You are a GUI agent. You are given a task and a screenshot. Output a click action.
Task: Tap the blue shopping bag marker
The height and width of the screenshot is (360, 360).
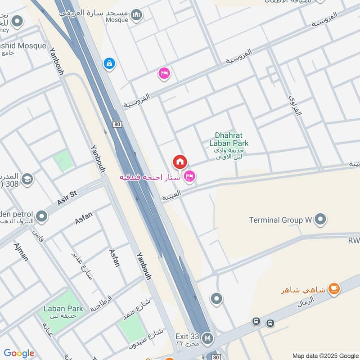pyautogui.click(x=109, y=63)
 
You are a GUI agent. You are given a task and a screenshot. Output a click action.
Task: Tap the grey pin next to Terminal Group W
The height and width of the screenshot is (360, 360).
pyautogui.click(x=320, y=219)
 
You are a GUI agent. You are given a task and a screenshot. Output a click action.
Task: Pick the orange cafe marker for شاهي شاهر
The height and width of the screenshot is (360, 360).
pyautogui.click(x=333, y=288)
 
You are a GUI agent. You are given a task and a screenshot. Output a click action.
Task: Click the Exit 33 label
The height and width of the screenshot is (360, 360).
pyautogui.click(x=187, y=336)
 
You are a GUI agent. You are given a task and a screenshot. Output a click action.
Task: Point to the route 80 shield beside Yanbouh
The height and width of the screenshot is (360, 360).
pyautogui.click(x=118, y=124)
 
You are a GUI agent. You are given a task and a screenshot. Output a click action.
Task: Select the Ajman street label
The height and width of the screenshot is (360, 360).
pyautogui.click(x=21, y=252)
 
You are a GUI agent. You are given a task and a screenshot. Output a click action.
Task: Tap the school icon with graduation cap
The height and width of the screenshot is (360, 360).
pyautogui.click(x=27, y=180)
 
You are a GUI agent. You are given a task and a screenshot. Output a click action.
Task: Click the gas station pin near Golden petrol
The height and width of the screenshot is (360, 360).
pyautogui.click(x=42, y=217)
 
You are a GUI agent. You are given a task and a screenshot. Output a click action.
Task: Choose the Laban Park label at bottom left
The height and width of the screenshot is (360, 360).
pyautogui.click(x=63, y=309)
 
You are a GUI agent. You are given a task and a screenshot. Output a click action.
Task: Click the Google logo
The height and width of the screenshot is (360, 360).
pyautogui.click(x=19, y=353)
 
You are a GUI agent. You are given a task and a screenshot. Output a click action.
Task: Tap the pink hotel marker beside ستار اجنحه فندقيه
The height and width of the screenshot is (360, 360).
pyautogui.click(x=190, y=176)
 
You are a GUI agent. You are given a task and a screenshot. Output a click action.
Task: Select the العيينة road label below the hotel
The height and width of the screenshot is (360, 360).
pyautogui.click(x=171, y=195)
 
